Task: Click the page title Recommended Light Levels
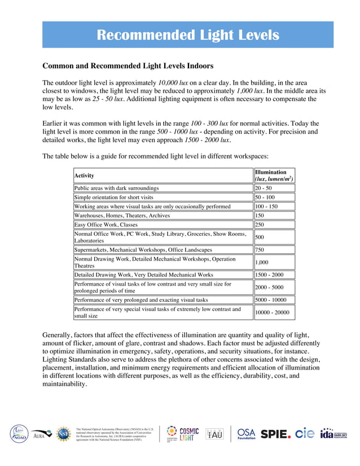187,35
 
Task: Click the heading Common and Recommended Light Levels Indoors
128,66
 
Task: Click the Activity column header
85,176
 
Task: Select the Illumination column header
274,175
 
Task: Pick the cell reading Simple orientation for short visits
114,197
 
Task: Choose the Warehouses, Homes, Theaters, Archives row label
122,216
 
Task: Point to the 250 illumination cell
260,225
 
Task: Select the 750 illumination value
260,249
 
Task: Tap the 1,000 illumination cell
262,262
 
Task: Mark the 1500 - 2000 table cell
269,275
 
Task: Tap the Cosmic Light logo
182,434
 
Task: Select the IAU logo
214,434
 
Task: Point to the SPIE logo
275,434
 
